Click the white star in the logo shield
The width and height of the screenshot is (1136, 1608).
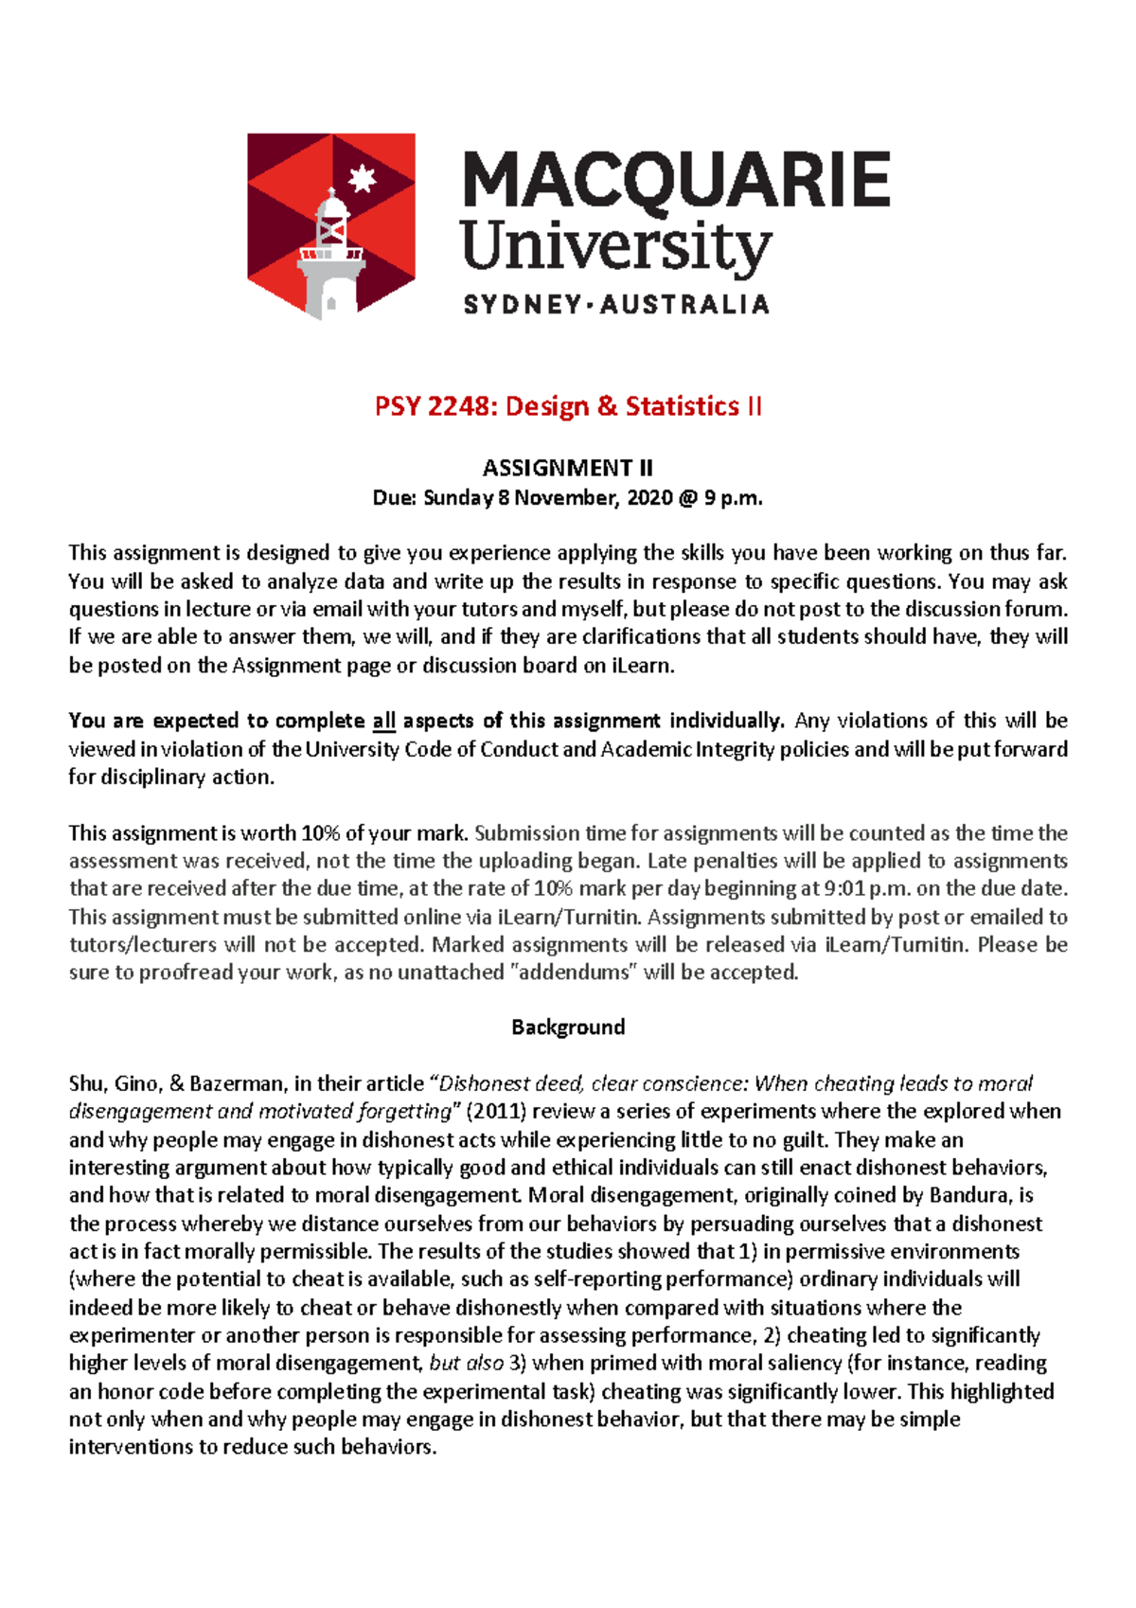click(x=363, y=178)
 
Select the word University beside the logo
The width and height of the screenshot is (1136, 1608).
click(x=615, y=247)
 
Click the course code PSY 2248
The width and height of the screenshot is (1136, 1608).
click(x=434, y=406)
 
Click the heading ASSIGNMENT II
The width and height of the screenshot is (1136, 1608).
click(x=567, y=468)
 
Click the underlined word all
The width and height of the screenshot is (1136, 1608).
click(x=383, y=722)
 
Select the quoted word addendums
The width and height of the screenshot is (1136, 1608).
click(x=574, y=973)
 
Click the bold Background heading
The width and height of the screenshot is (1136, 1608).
click(x=568, y=1027)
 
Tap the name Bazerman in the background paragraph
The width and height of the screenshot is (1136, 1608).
click(x=237, y=1084)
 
